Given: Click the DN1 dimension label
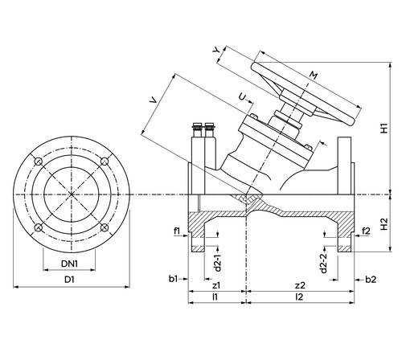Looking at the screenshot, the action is [69, 264].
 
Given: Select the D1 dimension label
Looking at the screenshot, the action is [69, 280].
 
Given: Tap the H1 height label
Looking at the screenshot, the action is [384, 129].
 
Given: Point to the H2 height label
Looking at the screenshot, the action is [384, 224].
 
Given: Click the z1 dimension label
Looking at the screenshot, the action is [216, 285].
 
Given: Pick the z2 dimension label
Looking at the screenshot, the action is [300, 285].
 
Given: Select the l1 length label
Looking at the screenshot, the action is [215, 297].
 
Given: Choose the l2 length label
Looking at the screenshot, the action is [299, 297].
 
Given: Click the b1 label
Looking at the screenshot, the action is [173, 279].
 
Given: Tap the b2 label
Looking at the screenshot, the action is [371, 280].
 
